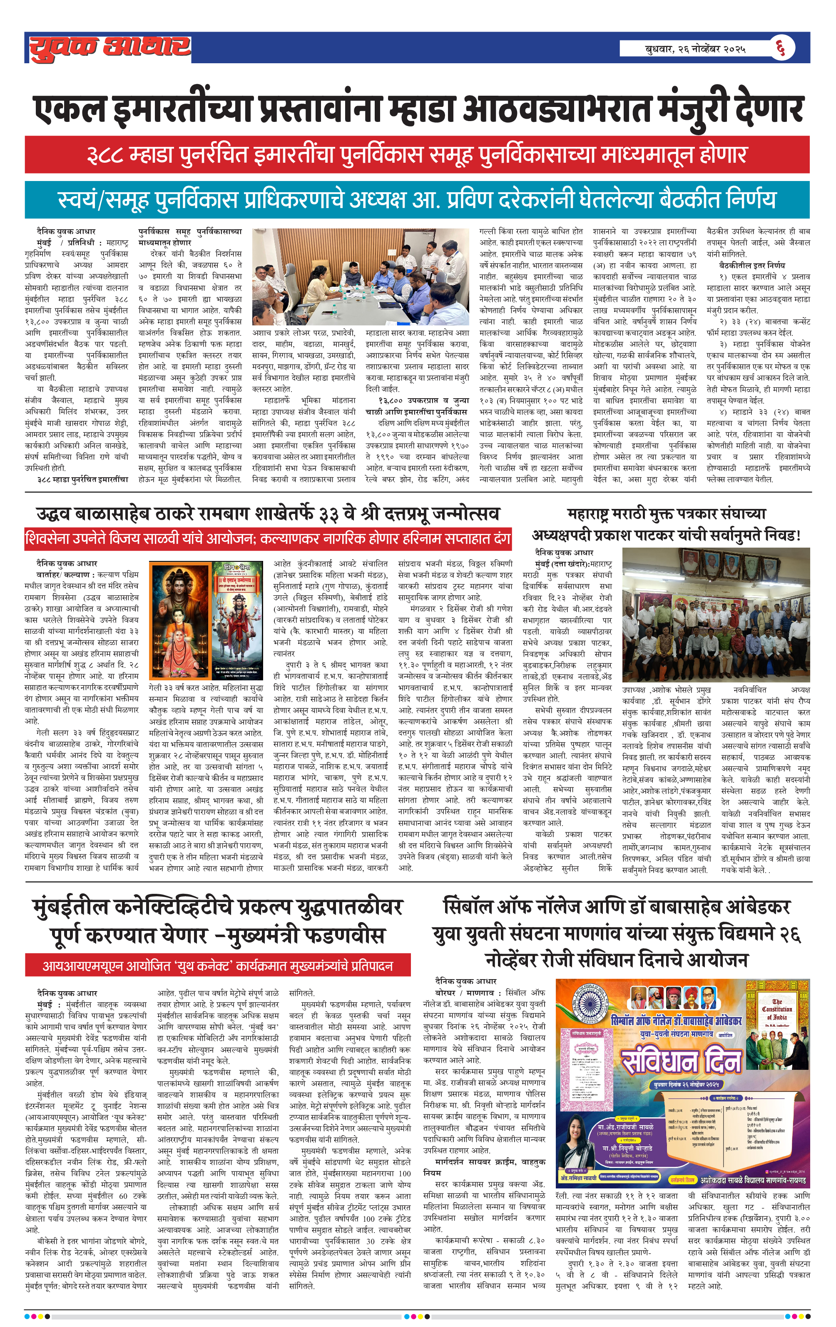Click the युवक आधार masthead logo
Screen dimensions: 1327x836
110,48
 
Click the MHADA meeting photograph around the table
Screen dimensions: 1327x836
360,277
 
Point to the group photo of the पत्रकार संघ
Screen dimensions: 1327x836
715,615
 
